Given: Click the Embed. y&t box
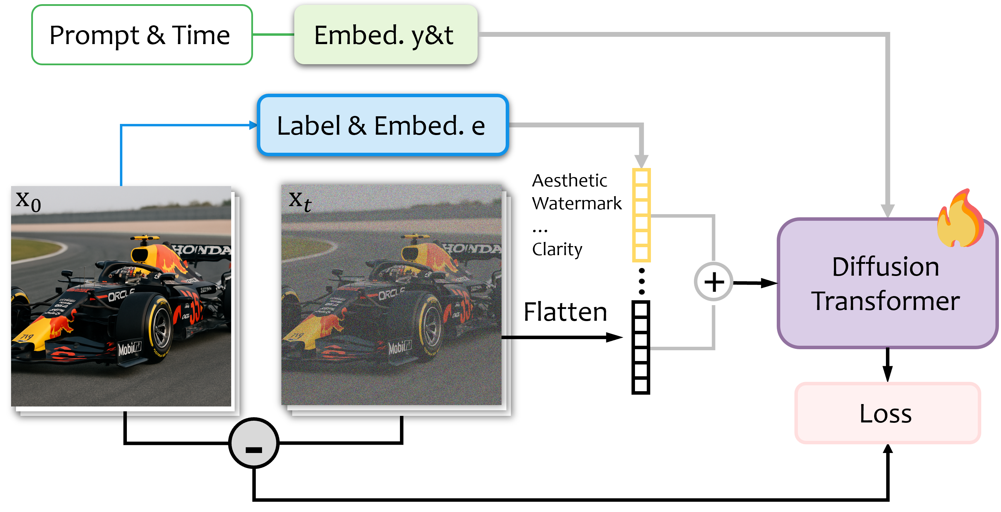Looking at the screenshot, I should (385, 35).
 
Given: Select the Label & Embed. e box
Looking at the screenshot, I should (383, 125).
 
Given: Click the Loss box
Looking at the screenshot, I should (887, 413).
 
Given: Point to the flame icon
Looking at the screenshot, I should (960, 220).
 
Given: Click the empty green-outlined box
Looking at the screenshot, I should (142, 35).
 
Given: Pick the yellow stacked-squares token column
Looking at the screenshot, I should (641, 215).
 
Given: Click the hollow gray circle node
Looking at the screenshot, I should (713, 282).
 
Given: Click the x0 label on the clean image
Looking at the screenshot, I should (28, 202).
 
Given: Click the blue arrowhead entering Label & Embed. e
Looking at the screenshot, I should (253, 125).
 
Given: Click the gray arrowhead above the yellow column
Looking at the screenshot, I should (641, 161).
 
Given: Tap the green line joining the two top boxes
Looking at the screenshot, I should (273, 35).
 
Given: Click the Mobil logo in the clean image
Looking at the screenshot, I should (129, 348).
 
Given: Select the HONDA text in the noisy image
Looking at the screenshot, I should (472, 248).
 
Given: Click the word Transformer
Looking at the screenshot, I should (886, 301).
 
